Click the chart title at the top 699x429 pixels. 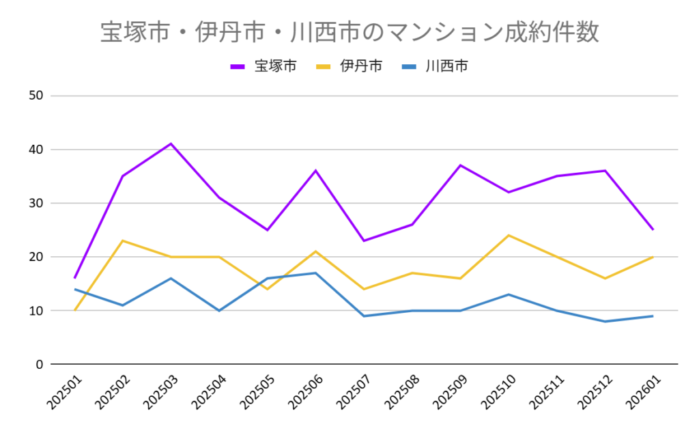pyautogui.click(x=349, y=32)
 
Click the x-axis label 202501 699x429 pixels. pyautogui.click(x=63, y=392)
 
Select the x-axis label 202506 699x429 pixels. pyautogui.click(x=304, y=392)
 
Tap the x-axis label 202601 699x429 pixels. pyautogui.click(x=642, y=392)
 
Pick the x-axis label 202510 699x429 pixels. pyautogui.click(x=497, y=392)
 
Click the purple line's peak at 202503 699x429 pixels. pyautogui.click(x=171, y=143)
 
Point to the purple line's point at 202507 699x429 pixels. pyautogui.click(x=364, y=240)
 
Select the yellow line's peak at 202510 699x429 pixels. pyautogui.click(x=509, y=235)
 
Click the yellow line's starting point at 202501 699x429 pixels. pyautogui.click(x=75, y=310)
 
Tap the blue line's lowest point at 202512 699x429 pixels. pyautogui.click(x=605, y=321)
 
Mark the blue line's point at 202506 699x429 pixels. pyautogui.click(x=315, y=273)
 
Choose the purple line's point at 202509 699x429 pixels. pyautogui.click(x=460, y=165)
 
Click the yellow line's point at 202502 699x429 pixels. pyautogui.click(x=123, y=240)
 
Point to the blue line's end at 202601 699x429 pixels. pyautogui.click(x=653, y=316)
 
